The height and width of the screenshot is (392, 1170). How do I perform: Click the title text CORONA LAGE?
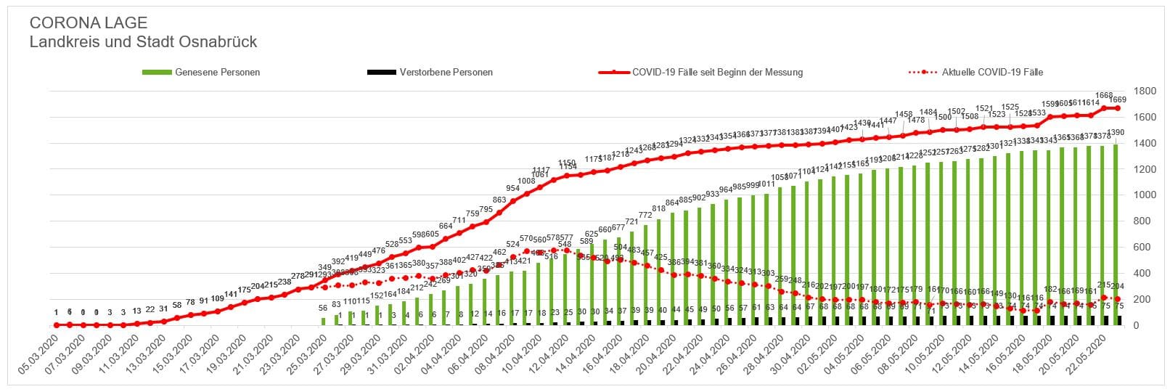pos(88,23)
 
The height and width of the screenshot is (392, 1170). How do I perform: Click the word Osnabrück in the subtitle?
pos(218,42)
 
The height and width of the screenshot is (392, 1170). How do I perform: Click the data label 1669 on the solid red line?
pos(1118,99)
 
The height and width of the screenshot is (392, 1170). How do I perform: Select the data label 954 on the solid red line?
pos(513,189)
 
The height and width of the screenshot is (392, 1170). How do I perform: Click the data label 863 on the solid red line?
pos(499,200)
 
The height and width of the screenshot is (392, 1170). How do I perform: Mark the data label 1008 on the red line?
pos(526,181)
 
